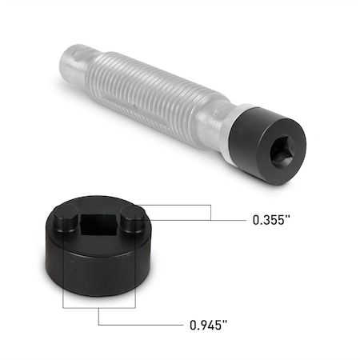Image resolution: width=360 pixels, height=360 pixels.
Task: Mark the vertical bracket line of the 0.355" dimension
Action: click(210, 211)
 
